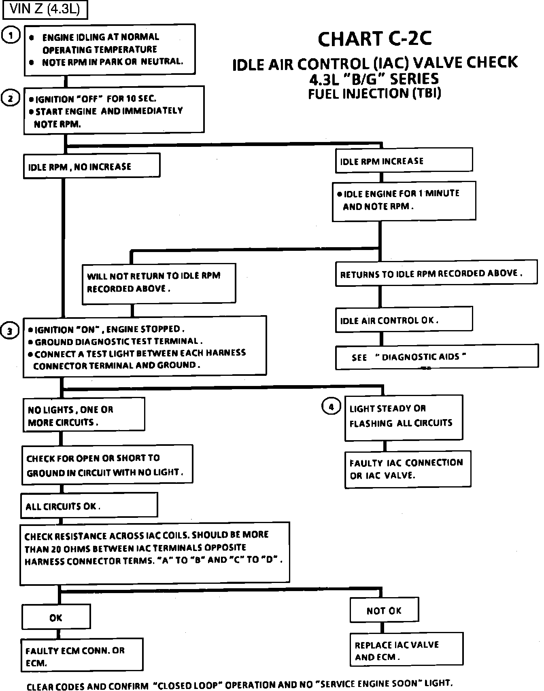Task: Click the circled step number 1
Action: pos(11,36)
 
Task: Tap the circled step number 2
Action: pos(11,98)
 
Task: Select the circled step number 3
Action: pos(11,331)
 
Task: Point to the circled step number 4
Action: pos(331,407)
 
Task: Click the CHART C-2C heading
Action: pos(375,39)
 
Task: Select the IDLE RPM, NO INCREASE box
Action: pos(91,165)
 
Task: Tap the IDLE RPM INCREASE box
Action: pos(404,161)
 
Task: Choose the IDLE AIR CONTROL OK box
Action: pos(404,320)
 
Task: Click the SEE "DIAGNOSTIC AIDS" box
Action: pos(436,357)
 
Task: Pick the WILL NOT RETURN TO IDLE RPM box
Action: pos(159,283)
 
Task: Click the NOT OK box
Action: pos(384,610)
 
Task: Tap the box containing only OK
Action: pos(56,617)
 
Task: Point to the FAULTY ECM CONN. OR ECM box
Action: pos(82,655)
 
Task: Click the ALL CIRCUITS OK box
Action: pos(89,505)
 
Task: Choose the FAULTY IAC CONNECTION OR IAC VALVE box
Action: pos(408,469)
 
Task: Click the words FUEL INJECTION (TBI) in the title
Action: pos(374,93)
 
